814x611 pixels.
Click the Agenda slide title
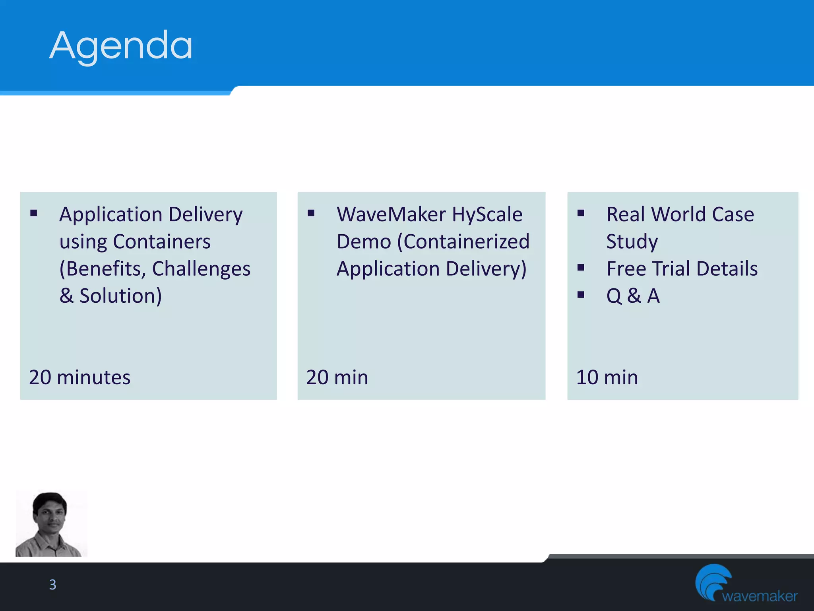coord(121,46)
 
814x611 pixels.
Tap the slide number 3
coord(52,584)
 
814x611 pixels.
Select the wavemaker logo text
coord(760,596)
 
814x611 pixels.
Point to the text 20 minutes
coord(79,377)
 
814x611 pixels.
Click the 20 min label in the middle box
coord(337,377)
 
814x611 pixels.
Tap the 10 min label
coord(607,377)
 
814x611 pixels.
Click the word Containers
coord(161,241)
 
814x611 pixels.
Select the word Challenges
coord(201,269)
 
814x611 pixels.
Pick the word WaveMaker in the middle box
coord(391,214)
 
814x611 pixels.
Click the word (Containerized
coord(463,241)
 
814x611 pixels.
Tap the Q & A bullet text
coord(633,296)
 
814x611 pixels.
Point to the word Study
coord(632,241)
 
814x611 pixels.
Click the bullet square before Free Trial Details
coord(581,267)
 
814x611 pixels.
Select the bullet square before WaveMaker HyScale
coord(311,213)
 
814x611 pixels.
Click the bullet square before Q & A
coord(581,294)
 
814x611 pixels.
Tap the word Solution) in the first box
coord(120,296)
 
